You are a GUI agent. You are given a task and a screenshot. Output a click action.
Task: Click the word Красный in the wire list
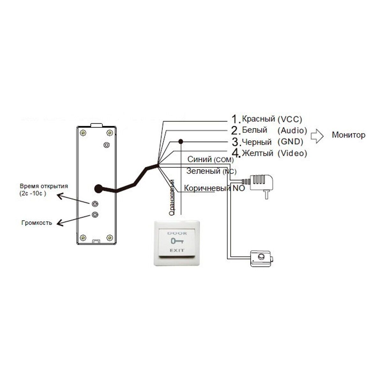[258, 119]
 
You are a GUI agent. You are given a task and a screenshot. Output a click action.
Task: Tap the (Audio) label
[292, 130]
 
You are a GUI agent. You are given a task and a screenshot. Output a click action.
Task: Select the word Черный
[257, 142]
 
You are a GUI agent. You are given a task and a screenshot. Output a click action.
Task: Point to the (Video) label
[292, 153]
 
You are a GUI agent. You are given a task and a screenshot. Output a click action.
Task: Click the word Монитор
[349, 135]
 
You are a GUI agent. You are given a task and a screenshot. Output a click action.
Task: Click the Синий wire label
[199, 159]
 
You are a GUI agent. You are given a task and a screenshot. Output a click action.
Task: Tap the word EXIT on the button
[176, 250]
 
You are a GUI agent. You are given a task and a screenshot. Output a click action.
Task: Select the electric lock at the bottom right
[261, 258]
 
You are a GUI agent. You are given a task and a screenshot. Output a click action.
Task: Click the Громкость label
[37, 223]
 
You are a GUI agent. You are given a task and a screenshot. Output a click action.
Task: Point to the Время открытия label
[44, 186]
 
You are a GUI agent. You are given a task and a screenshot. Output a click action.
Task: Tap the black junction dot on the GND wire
[181, 141]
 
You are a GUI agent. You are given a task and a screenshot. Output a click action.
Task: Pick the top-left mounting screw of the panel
[83, 132]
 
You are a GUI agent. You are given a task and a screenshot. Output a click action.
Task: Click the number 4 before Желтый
[235, 153]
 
